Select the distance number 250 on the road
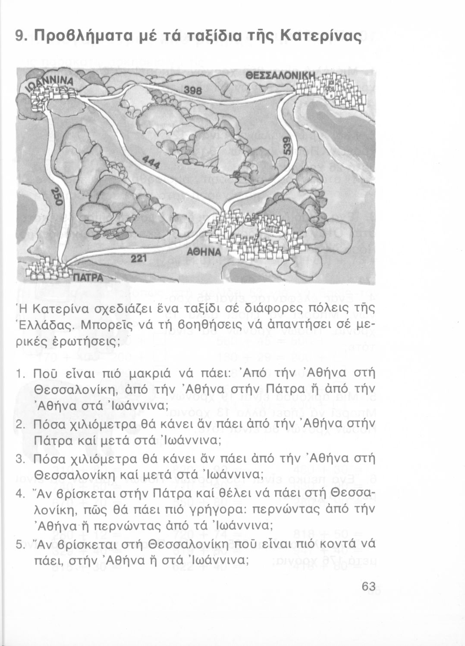(57, 198)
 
